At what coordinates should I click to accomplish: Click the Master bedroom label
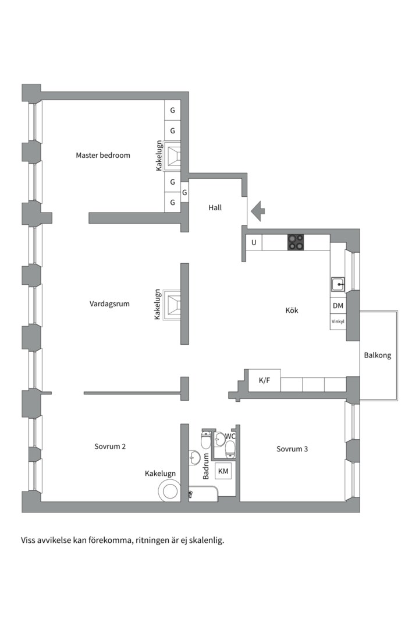click(x=103, y=156)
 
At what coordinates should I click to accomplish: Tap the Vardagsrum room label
click(x=109, y=303)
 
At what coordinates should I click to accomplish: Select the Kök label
click(x=292, y=310)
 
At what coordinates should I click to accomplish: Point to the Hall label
click(x=215, y=207)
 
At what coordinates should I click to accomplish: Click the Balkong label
click(x=378, y=355)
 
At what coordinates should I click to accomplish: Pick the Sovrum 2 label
click(x=111, y=447)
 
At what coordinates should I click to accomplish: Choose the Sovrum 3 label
click(x=293, y=449)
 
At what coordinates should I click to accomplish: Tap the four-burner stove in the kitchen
click(x=296, y=242)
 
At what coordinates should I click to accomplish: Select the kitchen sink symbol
click(x=338, y=284)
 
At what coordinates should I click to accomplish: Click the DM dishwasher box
click(x=338, y=306)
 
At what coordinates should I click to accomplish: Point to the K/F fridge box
click(x=264, y=380)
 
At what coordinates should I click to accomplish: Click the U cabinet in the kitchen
click(x=254, y=242)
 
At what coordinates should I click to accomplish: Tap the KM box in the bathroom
click(x=223, y=471)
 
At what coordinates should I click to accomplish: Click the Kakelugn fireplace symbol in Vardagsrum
click(x=173, y=304)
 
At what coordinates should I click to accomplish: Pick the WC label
click(x=230, y=436)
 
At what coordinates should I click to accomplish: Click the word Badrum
click(x=206, y=466)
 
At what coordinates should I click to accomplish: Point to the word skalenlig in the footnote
click(x=204, y=540)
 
